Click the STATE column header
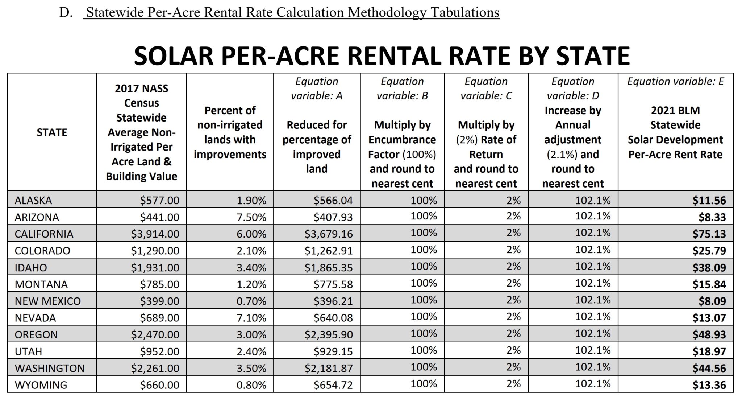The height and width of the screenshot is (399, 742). pos(52,132)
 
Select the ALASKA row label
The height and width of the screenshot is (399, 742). pos(33,200)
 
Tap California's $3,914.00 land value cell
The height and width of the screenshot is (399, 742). pos(155,234)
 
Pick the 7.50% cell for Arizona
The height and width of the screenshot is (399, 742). pos(251,217)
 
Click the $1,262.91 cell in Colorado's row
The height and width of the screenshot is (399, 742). pos(328,251)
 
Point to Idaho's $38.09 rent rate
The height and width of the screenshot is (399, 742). pos(709,268)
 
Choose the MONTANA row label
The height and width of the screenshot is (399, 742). pos(41,284)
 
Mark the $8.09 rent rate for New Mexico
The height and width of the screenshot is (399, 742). pos(712,301)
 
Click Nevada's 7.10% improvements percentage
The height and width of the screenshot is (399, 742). pos(251,318)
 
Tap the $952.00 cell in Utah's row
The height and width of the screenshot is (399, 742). pos(160,351)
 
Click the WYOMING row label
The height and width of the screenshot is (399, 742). pos(41,385)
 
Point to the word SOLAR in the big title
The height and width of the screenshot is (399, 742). pos(174,56)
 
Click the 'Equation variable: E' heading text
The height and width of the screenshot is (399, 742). pos(675,81)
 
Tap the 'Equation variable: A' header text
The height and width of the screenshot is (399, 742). pos(317,89)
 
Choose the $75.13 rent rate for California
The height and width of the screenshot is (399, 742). pos(709,234)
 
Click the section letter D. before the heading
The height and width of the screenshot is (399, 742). pos(66,12)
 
